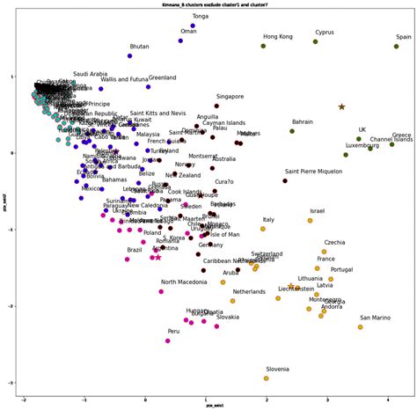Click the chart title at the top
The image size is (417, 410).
tap(208, 5)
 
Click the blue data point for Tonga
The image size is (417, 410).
tap(217, 26)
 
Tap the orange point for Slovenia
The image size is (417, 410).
tap(266, 378)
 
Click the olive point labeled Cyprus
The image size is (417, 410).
tap(315, 41)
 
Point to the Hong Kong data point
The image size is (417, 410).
tap(263, 46)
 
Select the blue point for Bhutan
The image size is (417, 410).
tap(129, 55)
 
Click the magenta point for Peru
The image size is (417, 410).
tap(167, 340)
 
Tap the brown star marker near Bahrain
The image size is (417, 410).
tap(341, 106)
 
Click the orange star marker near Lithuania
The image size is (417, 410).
tap(291, 286)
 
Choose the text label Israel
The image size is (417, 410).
tap(318, 211)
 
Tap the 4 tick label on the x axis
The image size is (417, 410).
tap(390, 399)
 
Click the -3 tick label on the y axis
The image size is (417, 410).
tap(13, 383)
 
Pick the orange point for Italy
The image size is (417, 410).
tap(262, 229)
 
